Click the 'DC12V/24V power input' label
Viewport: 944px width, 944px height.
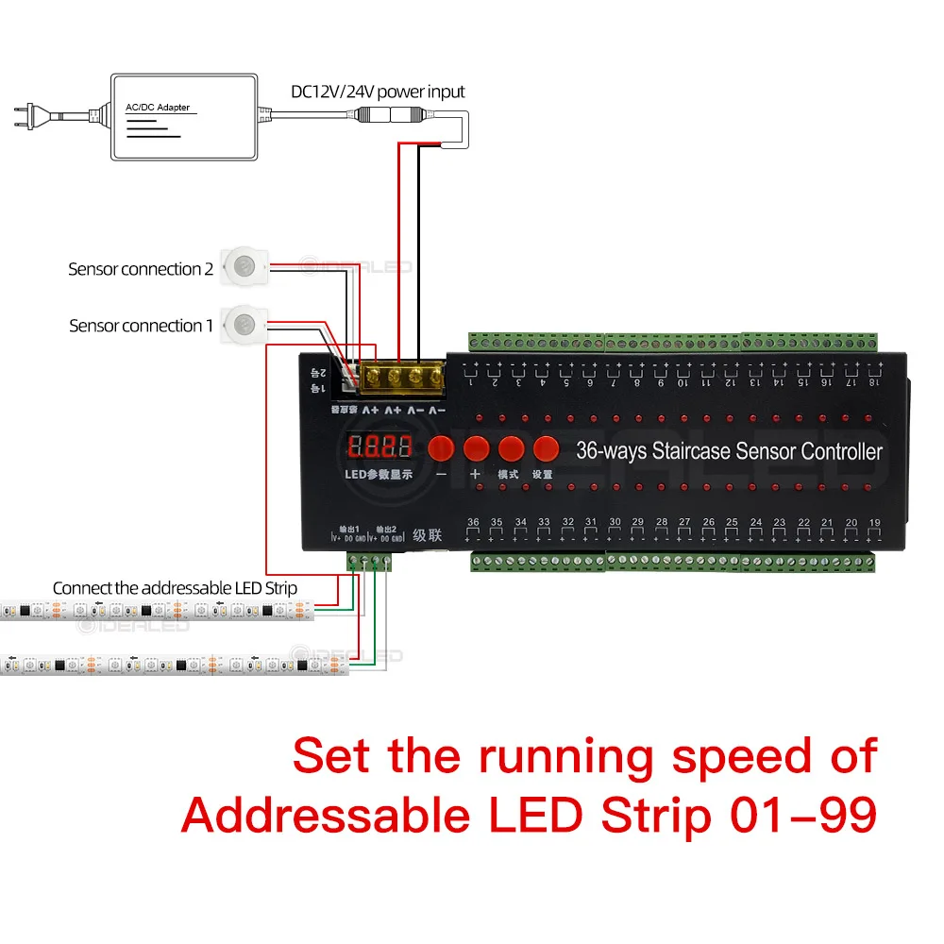378,92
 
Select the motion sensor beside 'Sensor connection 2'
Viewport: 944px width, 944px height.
244,266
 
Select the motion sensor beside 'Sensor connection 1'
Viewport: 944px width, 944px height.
244,325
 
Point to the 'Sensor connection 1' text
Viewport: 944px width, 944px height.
141,326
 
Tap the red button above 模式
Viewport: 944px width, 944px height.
511,447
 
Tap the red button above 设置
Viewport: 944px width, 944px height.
546,447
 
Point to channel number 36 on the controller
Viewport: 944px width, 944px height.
473,522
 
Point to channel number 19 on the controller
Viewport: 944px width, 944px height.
874,522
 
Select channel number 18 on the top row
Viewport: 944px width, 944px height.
874,381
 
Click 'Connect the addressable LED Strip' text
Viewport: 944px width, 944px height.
175,588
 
